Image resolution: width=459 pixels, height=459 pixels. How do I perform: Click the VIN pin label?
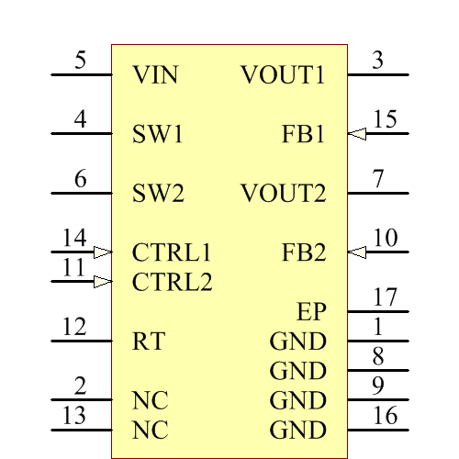(x=155, y=74)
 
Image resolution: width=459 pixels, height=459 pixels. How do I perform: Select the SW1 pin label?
(x=158, y=134)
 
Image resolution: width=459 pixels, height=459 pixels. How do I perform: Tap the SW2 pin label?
(x=158, y=194)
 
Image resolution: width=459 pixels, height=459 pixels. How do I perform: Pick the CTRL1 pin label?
(x=172, y=252)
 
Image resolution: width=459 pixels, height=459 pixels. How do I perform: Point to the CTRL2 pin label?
(x=172, y=282)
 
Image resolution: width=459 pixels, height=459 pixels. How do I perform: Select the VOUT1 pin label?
(x=283, y=74)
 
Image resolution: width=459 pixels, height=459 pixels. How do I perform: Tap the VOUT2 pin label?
(x=283, y=194)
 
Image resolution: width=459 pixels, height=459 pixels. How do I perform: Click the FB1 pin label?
(x=304, y=134)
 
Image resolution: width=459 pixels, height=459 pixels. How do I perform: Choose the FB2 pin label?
(x=304, y=252)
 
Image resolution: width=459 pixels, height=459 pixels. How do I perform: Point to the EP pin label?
(x=312, y=312)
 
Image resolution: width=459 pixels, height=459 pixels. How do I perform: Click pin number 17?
(x=385, y=297)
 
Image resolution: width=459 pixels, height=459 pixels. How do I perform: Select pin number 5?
(x=81, y=61)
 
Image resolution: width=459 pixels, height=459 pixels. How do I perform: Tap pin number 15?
(x=385, y=119)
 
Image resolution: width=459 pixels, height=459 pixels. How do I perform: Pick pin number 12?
(x=74, y=327)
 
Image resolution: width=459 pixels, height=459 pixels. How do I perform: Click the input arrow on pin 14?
(x=103, y=252)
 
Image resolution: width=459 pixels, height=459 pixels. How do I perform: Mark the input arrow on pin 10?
(x=357, y=252)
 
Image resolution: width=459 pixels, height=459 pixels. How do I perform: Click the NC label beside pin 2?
(x=151, y=401)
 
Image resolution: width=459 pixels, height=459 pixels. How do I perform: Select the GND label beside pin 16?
(x=297, y=431)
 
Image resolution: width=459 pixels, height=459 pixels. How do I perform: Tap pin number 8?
(x=378, y=356)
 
